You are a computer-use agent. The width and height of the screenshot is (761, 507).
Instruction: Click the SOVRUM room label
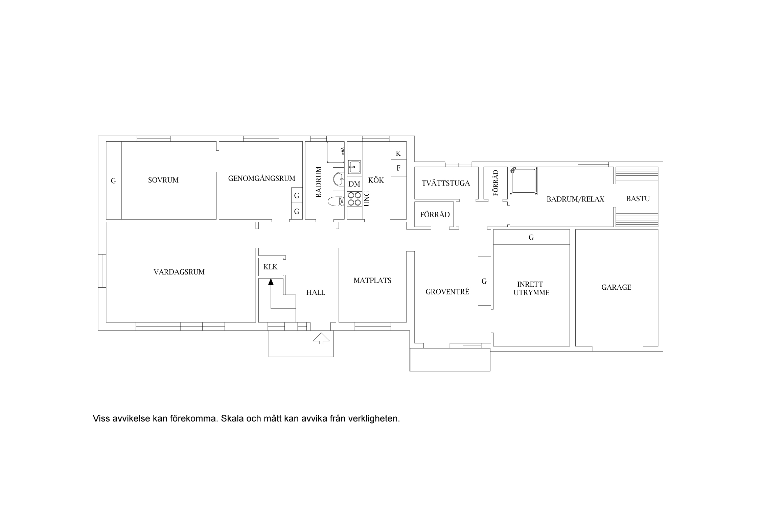coord(163,180)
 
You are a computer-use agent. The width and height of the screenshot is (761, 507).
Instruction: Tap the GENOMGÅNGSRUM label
coord(262,178)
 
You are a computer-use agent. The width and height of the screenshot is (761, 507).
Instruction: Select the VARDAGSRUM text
coord(179,272)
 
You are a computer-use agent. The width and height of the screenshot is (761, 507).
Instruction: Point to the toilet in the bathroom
coord(336,202)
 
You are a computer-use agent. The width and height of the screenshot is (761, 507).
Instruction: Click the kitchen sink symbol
coord(355,167)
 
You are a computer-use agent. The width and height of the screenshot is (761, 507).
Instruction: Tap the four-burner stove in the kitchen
coord(354,199)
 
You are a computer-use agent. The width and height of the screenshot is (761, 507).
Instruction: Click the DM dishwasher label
coord(354,184)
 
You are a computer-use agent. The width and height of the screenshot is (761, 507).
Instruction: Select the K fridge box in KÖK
coord(399,154)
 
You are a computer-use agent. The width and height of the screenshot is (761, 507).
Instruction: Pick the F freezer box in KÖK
coord(399,168)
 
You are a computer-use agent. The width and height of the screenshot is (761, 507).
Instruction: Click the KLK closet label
coord(271,267)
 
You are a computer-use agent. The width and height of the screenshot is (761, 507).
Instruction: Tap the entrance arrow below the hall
coord(321,338)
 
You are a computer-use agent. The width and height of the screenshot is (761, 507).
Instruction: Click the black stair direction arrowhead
coord(271,282)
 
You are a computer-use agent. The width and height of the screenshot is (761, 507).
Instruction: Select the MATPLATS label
coord(372,280)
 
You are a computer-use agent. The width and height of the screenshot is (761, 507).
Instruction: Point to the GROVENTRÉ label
coord(447,292)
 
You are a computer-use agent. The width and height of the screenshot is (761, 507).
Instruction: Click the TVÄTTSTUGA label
coord(446,183)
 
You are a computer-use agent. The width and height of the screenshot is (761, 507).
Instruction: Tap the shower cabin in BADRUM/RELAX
coord(524,181)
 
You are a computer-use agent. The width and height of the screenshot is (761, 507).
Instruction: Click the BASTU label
coord(638,199)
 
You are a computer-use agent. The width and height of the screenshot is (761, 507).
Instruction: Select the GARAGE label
coord(616,287)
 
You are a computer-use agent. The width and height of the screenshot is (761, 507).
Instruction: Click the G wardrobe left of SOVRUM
coord(114,180)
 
